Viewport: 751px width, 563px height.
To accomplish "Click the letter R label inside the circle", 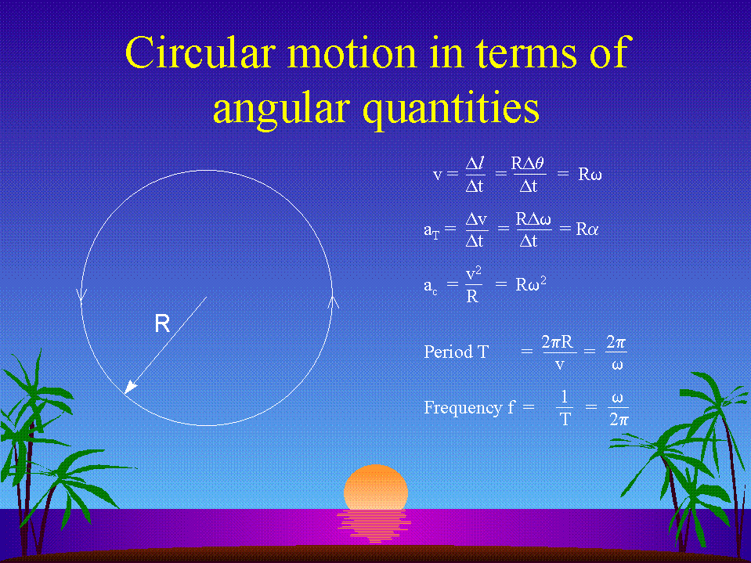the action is pyautogui.click(x=162, y=323).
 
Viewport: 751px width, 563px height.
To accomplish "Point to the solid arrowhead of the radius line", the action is pyautogui.click(x=130, y=387).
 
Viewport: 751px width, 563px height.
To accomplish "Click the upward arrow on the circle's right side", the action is pyautogui.click(x=334, y=303).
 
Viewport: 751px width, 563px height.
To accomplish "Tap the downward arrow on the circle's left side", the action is pyautogui.click(x=81, y=294).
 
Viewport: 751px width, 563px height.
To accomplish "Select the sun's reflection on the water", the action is pyautogui.click(x=374, y=525).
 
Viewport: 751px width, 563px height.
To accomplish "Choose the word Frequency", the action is pyautogui.click(x=463, y=407).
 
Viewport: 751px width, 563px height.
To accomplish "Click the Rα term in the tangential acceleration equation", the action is pyautogui.click(x=587, y=229).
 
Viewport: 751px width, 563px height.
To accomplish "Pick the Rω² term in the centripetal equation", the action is pyautogui.click(x=531, y=284).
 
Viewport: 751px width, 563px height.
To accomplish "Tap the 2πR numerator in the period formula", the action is pyautogui.click(x=558, y=342).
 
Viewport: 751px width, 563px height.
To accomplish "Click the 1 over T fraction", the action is pyautogui.click(x=565, y=407).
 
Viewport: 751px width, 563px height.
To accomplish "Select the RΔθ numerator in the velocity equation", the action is pyautogui.click(x=528, y=164).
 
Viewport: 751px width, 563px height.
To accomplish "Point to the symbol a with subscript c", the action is pyautogui.click(x=431, y=287).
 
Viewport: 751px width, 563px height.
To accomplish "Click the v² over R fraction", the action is pyautogui.click(x=473, y=285).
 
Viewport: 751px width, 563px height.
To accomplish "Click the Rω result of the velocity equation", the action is pyautogui.click(x=590, y=175).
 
